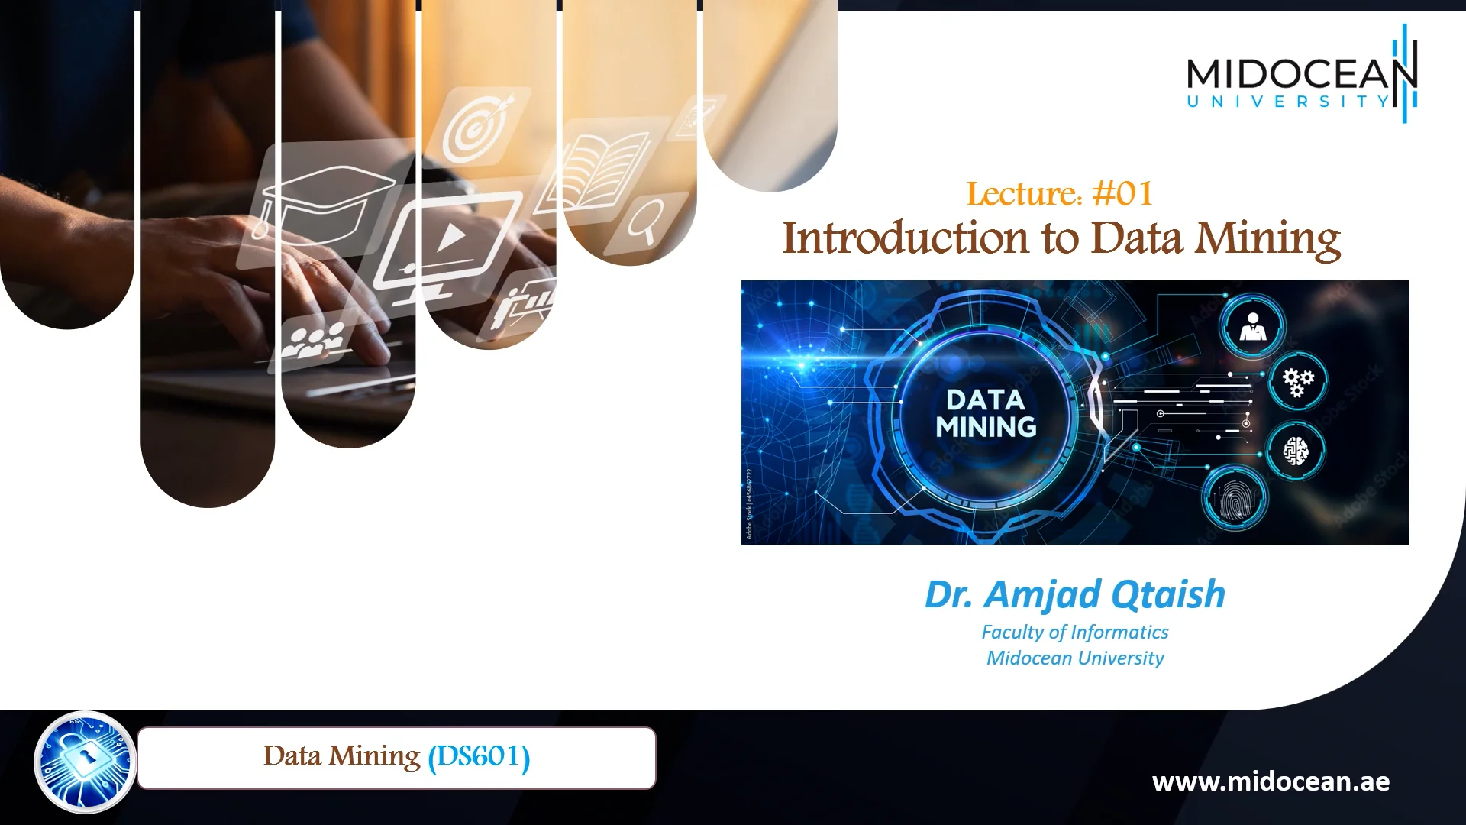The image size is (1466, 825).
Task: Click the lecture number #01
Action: [1122, 193]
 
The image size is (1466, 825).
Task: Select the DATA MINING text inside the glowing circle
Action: [986, 413]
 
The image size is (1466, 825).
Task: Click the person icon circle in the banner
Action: [1252, 325]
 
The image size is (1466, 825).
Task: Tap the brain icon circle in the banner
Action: [1296, 451]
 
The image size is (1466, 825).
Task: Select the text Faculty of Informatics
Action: [1074, 632]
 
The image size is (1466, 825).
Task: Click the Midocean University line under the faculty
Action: [1074, 658]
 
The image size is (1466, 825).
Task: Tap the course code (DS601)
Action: [479, 757]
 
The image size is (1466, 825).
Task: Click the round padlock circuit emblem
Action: [86, 762]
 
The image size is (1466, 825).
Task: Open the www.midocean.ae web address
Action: [1271, 781]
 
